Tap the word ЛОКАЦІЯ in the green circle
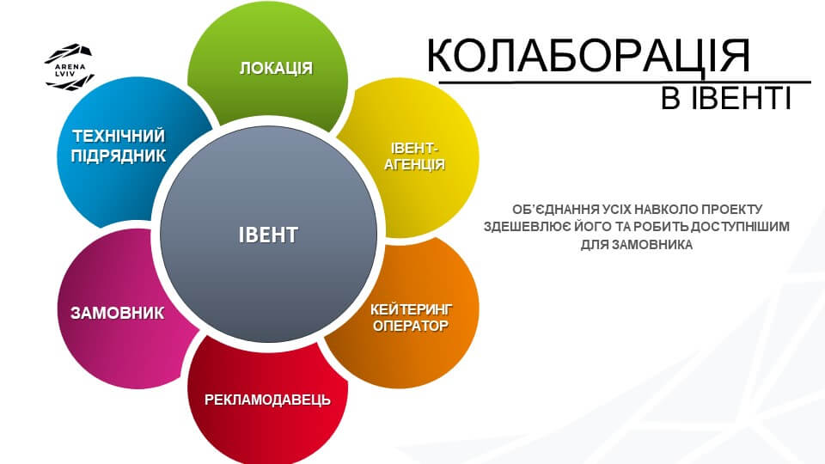tap(276, 68)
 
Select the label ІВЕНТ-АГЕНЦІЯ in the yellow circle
tap(414, 156)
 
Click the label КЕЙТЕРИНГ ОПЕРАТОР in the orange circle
tap(411, 317)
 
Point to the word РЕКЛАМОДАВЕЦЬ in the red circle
tap(267, 400)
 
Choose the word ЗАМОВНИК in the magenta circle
tap(118, 313)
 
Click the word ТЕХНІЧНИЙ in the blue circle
tap(119, 137)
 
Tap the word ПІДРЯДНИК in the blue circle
tap(119, 156)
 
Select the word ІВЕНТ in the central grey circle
tap(268, 235)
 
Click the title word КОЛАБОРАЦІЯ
tap(588, 55)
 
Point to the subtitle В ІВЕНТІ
tap(726, 98)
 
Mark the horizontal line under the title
tap(625, 82)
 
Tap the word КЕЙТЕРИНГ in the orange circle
tap(412, 308)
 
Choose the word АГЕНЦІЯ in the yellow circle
tap(414, 165)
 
